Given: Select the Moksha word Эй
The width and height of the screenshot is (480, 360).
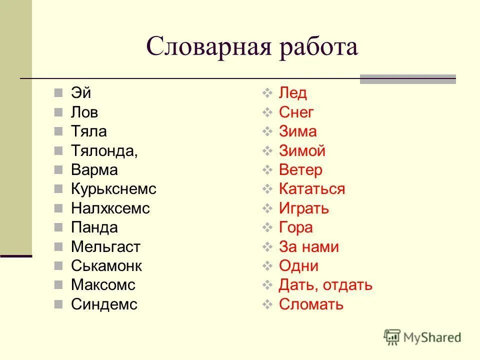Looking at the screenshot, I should click(81, 93).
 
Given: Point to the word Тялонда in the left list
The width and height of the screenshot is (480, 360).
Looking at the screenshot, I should click(103, 151).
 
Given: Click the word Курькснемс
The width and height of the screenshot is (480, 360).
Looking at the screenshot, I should click(113, 189).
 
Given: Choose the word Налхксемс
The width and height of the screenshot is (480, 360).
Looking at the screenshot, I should click(110, 208).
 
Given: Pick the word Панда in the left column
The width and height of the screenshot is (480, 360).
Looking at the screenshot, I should click(94, 228).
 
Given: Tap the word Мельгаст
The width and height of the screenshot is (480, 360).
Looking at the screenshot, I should click(105, 247).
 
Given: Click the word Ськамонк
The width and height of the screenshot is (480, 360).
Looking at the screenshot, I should click(106, 266).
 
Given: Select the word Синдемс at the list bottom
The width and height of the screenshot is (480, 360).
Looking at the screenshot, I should click(104, 304).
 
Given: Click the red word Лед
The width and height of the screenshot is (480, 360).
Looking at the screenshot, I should click(293, 93).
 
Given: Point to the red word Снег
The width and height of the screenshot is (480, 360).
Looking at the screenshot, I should click(296, 112).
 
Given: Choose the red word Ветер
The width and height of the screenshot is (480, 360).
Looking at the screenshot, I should click(300, 170).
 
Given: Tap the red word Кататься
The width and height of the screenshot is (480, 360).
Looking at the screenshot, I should click(312, 189).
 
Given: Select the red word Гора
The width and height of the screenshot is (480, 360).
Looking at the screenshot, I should click(295, 228).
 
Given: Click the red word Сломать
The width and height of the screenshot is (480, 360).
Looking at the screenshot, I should click(311, 304).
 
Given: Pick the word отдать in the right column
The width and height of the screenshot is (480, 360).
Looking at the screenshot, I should click(347, 285).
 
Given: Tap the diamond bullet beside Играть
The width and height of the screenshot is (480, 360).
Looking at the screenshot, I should click(267, 208).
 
